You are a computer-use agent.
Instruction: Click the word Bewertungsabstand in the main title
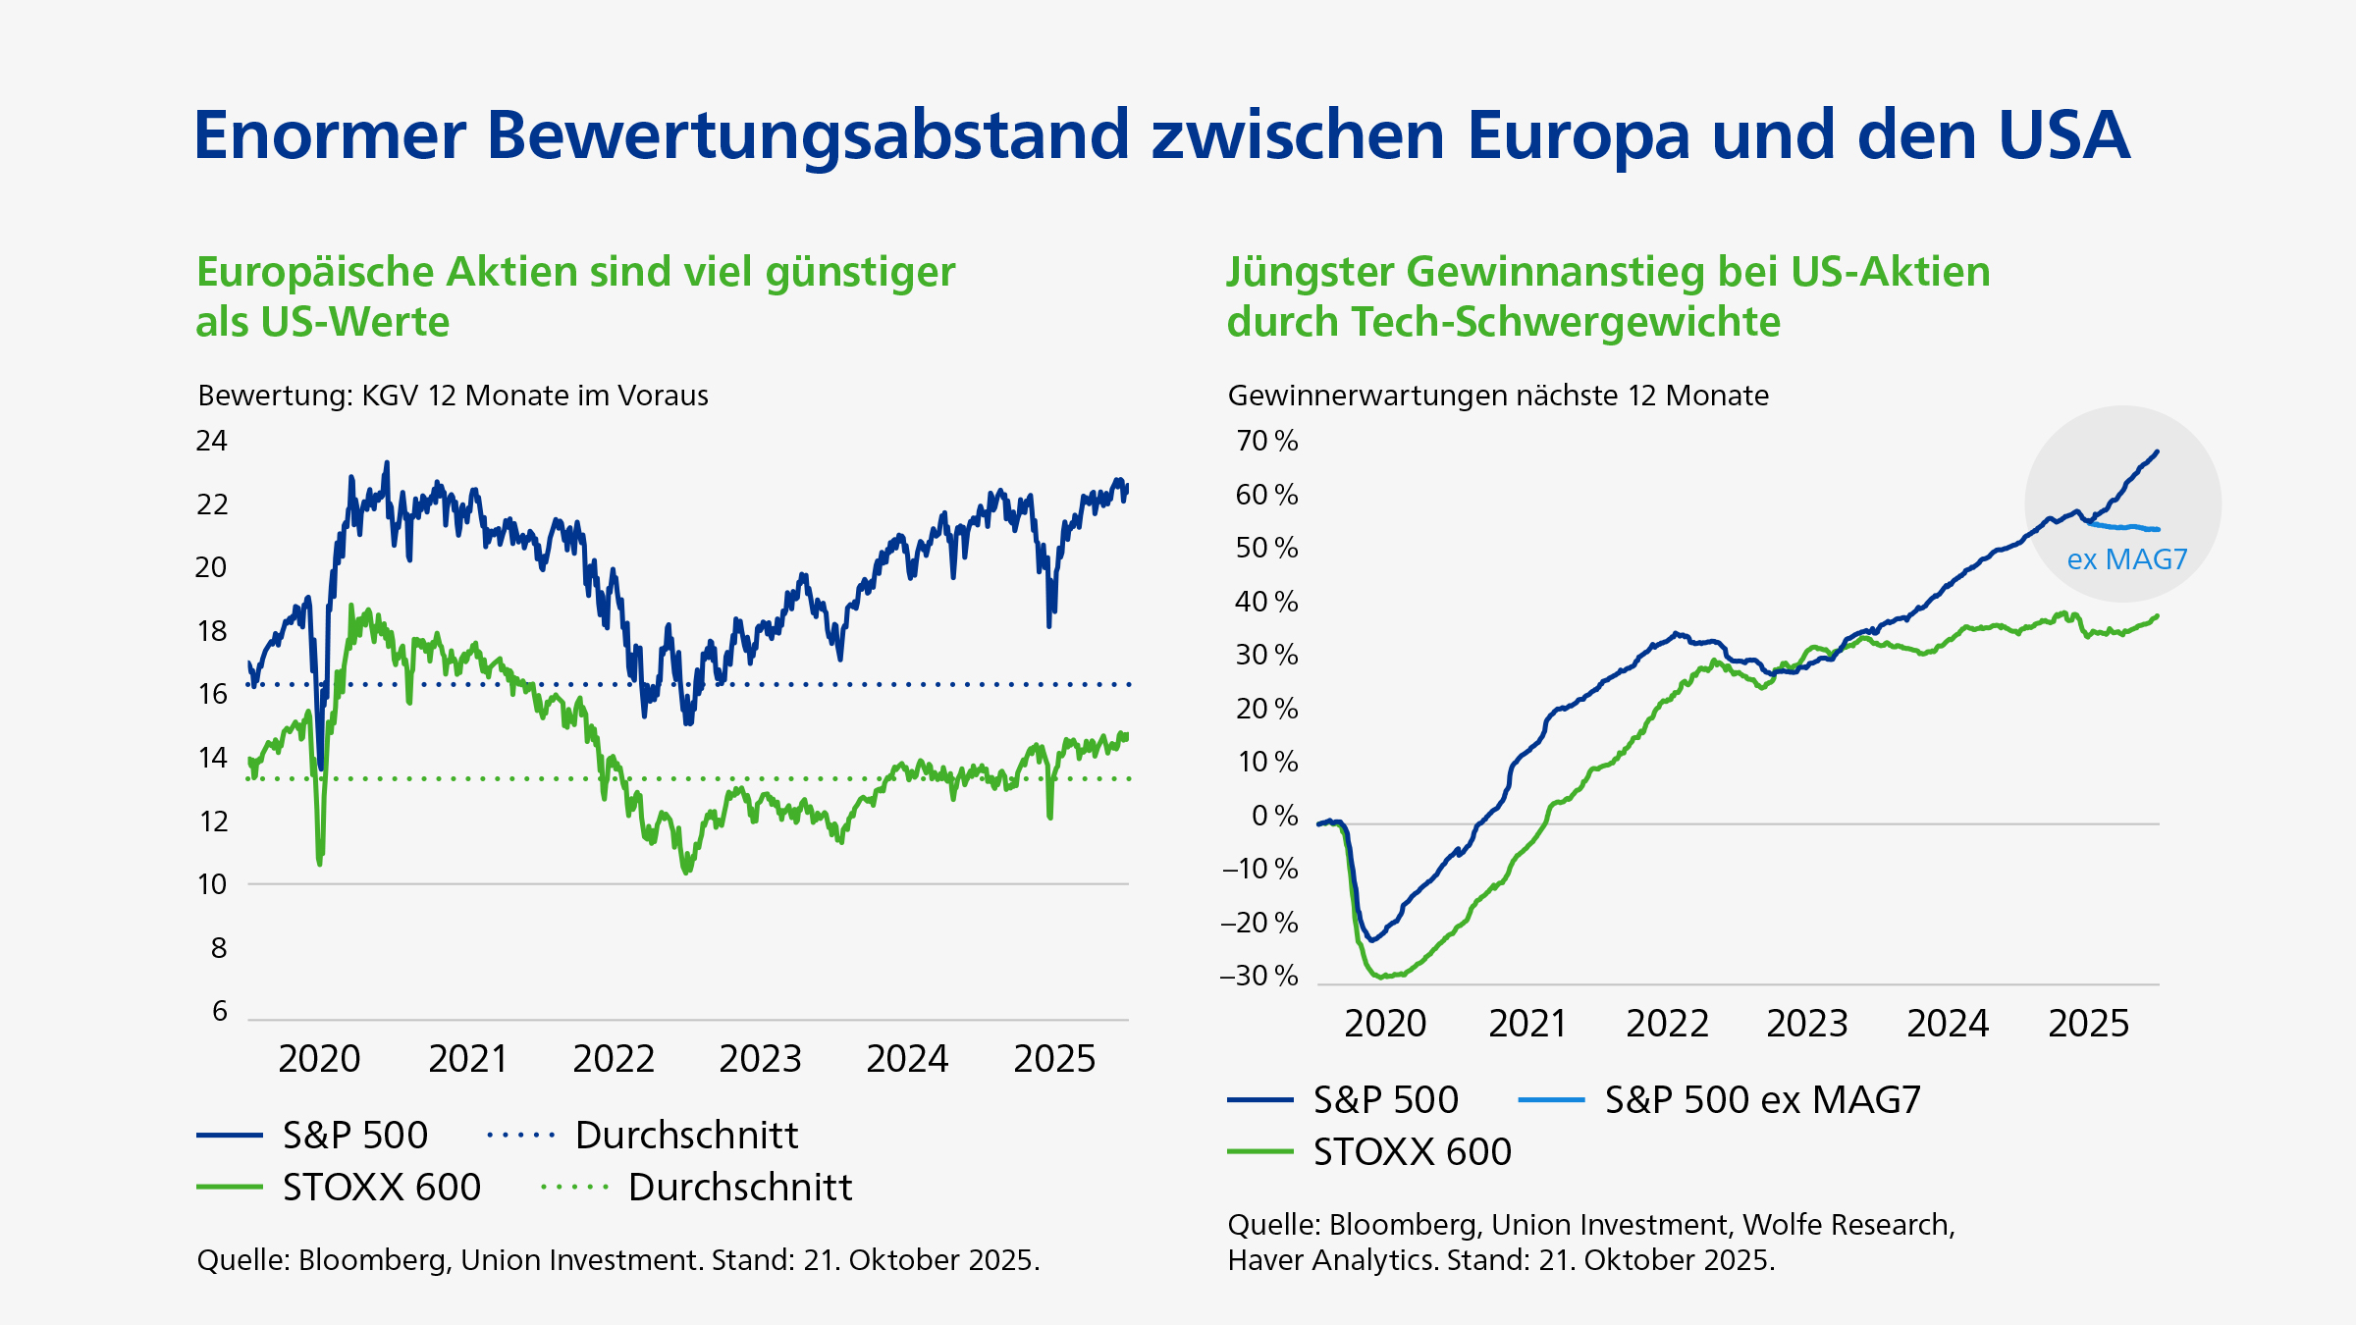click(808, 135)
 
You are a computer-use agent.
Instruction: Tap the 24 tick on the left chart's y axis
click(211, 441)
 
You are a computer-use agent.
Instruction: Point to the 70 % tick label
click(1266, 441)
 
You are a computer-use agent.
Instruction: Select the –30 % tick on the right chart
click(1259, 976)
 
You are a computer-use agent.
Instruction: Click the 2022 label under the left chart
click(614, 1059)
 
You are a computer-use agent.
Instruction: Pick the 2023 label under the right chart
click(1806, 1024)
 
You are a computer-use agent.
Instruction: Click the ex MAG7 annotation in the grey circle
click(2127, 559)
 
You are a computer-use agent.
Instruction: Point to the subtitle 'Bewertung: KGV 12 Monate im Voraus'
click(453, 396)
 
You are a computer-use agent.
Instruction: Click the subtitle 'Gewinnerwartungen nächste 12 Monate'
click(1498, 396)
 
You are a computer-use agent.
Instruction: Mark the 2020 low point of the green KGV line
click(320, 863)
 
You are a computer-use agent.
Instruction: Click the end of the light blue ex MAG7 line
click(2157, 529)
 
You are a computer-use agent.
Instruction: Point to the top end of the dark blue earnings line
click(2157, 451)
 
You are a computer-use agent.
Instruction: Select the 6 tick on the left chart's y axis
click(220, 1011)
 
